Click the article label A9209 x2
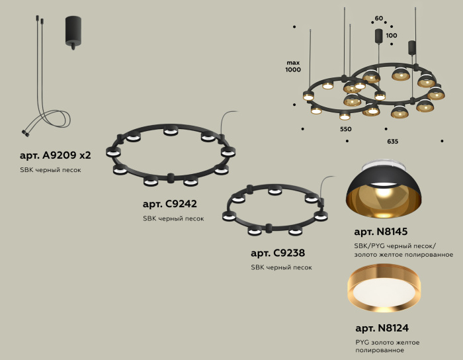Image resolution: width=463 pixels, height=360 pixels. tap(56, 156)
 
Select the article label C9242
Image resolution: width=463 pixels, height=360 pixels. tap(169, 204)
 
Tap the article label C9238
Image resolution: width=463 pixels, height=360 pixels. tap(278, 253)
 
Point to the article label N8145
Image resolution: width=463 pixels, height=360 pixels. tap(380, 232)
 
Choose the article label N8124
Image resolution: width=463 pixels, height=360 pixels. tap(382, 328)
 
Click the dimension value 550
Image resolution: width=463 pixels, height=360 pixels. tap(346, 129)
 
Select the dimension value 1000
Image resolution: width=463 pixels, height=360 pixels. tap(293, 69)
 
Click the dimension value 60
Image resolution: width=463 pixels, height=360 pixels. tap(379, 19)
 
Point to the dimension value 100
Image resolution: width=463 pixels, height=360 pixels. tap(392, 35)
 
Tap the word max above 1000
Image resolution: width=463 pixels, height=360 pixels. tap(293, 61)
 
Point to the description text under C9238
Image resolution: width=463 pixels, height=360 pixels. tap(281, 267)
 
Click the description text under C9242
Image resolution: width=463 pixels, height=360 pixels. tap(173, 218)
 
